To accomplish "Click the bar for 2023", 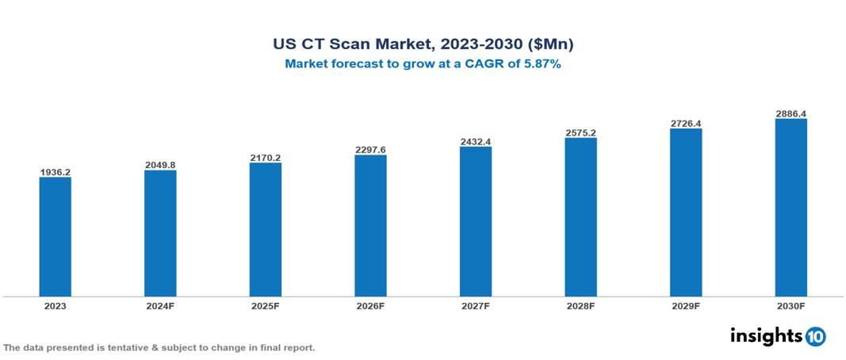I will [56, 236].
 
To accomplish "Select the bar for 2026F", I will [370, 225].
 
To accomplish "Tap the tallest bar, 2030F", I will [790, 208].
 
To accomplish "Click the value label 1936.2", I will [56, 171].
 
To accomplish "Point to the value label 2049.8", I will [160, 165].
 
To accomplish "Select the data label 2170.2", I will [265, 158].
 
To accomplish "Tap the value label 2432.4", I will [475, 142].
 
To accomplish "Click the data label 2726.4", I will [685, 124].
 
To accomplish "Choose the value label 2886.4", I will [790, 114].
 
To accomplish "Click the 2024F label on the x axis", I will [160, 305].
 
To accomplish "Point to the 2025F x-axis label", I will [265, 305].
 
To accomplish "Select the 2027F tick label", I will [475, 305].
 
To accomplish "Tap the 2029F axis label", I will [685, 305].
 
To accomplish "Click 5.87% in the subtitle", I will [541, 64].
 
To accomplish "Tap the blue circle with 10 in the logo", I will [815, 337].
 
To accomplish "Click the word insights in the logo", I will [766, 336].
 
